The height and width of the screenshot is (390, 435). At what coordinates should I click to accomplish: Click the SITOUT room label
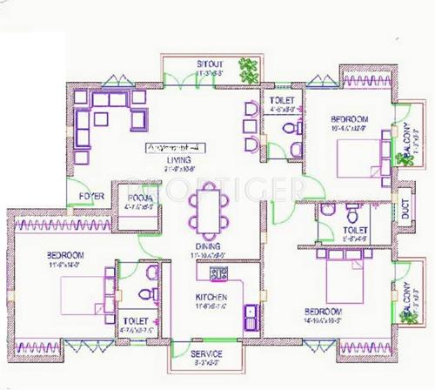[x=208, y=64]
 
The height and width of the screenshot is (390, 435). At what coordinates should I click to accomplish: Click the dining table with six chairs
[x=209, y=212]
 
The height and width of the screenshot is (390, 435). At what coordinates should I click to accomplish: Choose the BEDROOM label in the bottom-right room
[x=324, y=311]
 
